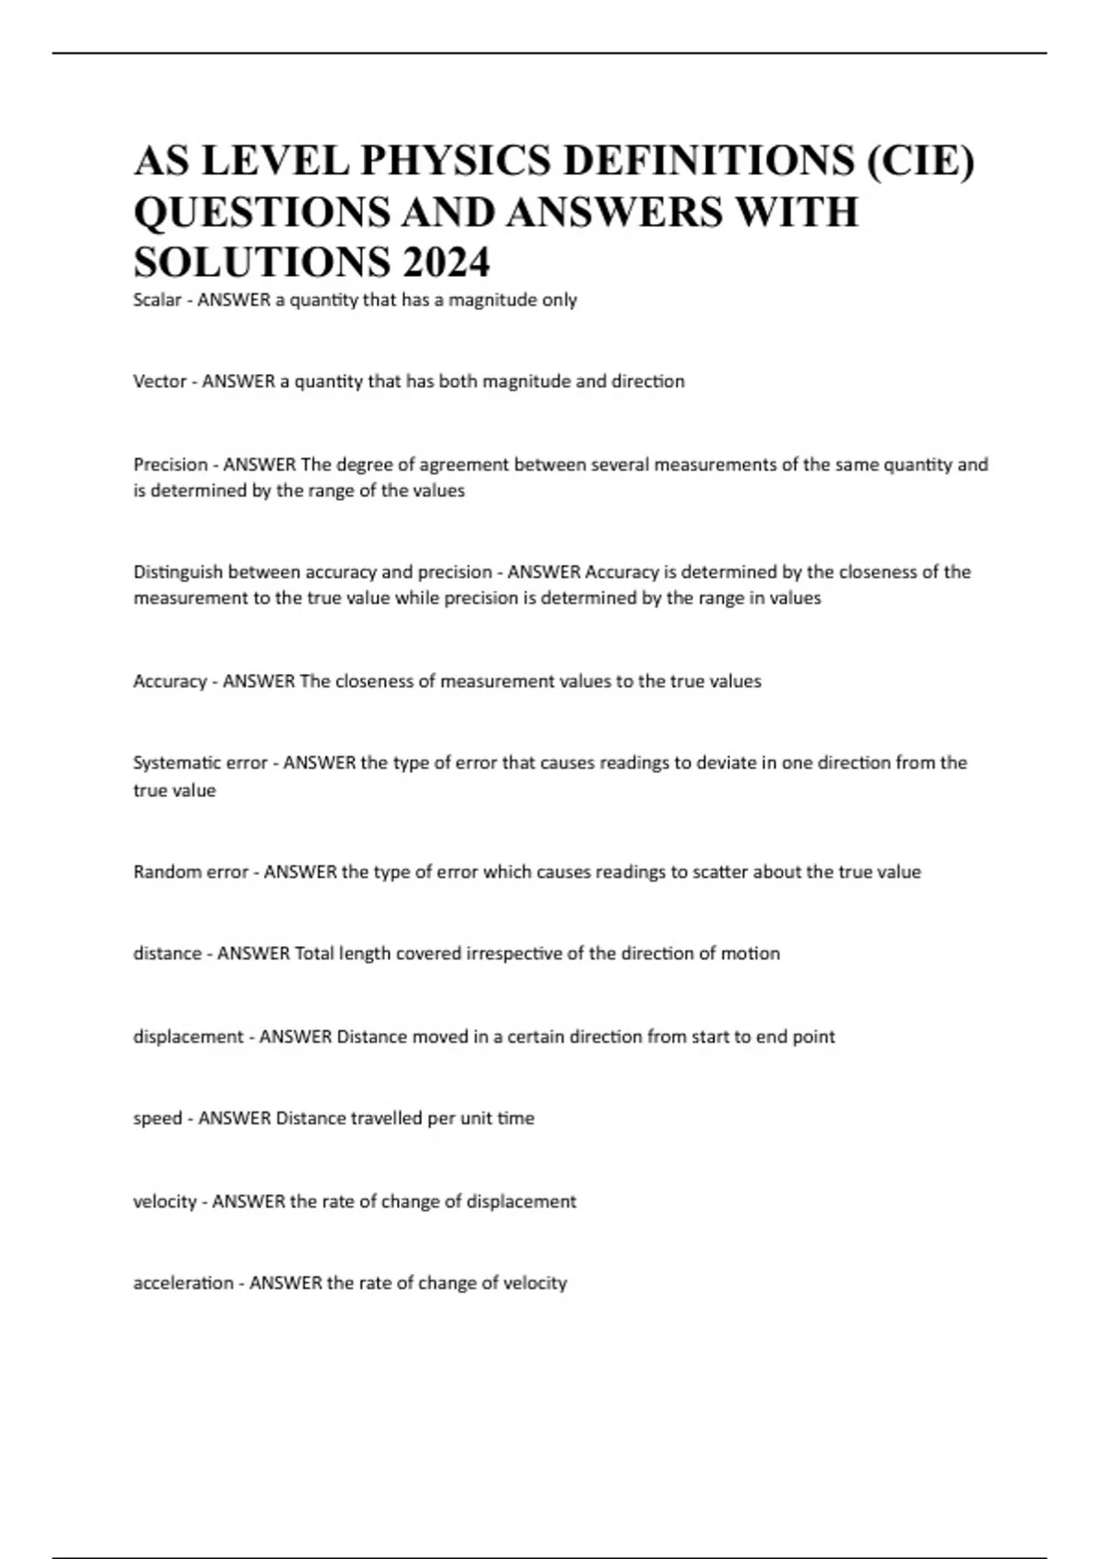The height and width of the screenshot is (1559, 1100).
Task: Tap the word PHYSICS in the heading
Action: tap(456, 161)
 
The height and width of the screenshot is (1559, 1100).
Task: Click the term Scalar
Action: tap(157, 300)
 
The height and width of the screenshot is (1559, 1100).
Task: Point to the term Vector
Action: tap(159, 381)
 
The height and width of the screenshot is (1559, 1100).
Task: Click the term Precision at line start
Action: tap(170, 465)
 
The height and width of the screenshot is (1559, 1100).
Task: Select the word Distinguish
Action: tap(178, 572)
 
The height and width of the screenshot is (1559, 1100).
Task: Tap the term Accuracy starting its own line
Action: tap(170, 681)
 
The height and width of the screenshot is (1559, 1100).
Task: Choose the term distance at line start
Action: tap(167, 954)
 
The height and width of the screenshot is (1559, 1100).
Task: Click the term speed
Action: tap(157, 1119)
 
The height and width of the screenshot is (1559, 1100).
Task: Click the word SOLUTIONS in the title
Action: tap(261, 262)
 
